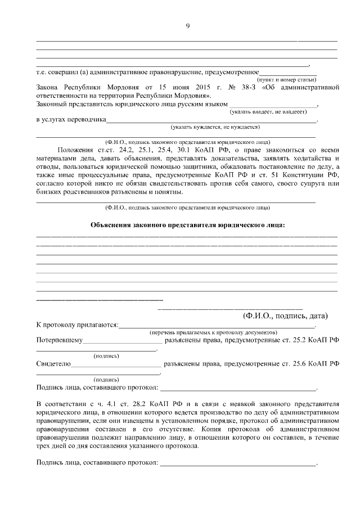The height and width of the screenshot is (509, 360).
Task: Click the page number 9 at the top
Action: [187, 25]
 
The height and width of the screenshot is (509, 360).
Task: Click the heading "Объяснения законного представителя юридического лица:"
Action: [187, 226]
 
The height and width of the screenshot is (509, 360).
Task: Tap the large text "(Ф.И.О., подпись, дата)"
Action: [285, 316]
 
